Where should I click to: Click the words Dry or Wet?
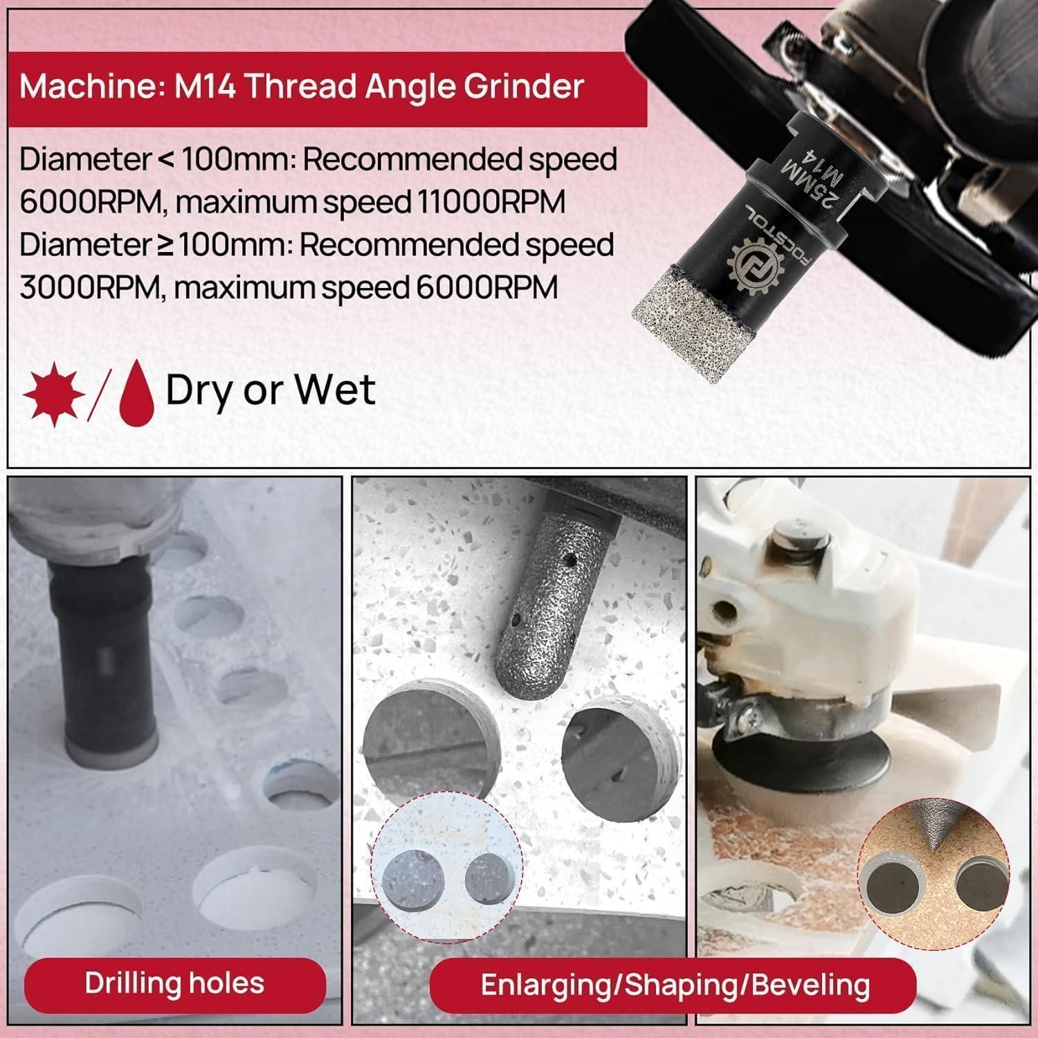[x=271, y=390]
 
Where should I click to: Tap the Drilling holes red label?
[x=174, y=983]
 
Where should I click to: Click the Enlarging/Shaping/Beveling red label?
[x=675, y=985]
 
